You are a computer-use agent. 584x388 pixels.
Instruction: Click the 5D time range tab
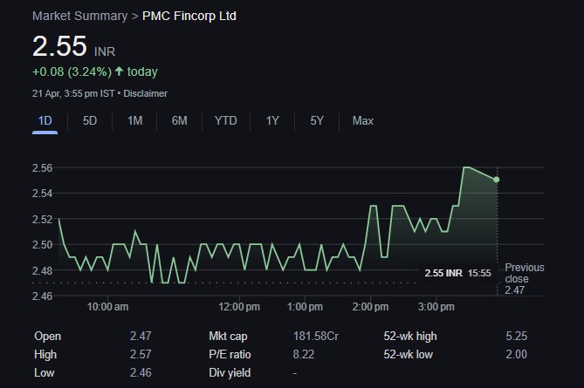(x=90, y=120)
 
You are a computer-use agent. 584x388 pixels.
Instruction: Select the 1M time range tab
(x=134, y=120)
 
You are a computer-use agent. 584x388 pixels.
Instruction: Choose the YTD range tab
(x=225, y=120)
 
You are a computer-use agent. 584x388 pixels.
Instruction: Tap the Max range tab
(x=362, y=120)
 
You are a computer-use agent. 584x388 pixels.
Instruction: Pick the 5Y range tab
(x=317, y=120)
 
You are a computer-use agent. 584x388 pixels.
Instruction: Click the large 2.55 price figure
(x=59, y=46)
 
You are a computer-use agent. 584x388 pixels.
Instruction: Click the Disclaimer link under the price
(x=146, y=93)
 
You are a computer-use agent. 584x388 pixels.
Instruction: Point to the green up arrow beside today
(x=119, y=71)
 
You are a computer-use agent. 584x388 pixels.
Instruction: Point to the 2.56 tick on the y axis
(x=43, y=167)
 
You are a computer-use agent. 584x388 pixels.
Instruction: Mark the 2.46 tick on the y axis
(x=43, y=296)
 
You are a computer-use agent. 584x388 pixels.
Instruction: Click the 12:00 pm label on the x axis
(x=239, y=307)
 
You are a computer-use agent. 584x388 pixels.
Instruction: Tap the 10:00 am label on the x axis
(x=107, y=307)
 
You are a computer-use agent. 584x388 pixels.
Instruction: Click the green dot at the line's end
(x=497, y=180)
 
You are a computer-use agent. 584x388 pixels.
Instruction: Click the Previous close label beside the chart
(x=524, y=273)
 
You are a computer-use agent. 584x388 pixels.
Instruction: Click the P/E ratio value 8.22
(x=305, y=354)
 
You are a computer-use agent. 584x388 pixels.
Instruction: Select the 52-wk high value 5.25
(x=515, y=336)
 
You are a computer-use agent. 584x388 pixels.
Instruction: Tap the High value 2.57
(x=140, y=354)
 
